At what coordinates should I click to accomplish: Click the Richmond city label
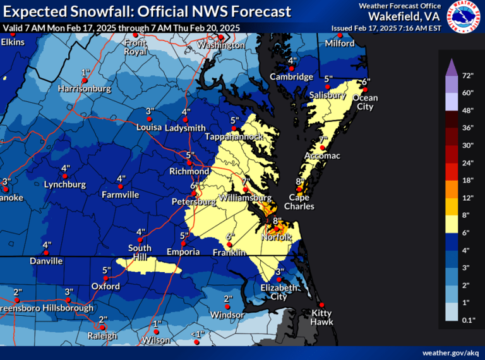pos(189,172)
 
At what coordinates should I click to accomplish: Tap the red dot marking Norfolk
pos(275,229)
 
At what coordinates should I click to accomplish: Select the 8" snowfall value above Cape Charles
pos(300,181)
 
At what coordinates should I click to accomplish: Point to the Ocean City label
pos(364,102)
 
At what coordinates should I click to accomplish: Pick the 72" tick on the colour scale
pos(468,76)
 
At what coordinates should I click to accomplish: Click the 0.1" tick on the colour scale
pos(469,321)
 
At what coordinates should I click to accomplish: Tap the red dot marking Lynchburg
pos(65,176)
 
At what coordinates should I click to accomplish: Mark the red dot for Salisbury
pos(328,87)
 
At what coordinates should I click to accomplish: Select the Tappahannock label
pos(236,137)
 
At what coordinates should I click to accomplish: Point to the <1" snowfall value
pos(198,334)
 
